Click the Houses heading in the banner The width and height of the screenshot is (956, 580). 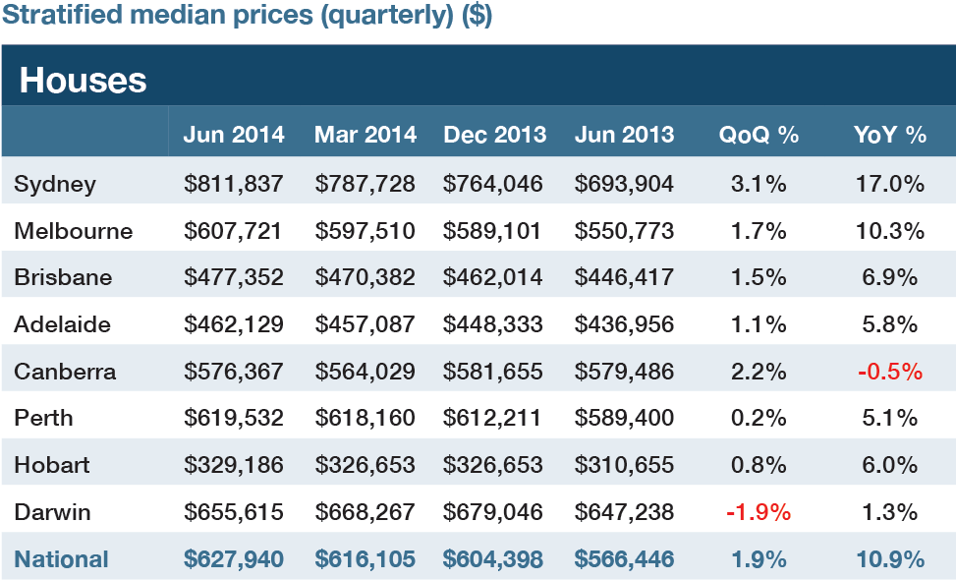tap(83, 81)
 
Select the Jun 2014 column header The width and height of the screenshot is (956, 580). tap(233, 136)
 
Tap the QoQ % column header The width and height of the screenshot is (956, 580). tap(759, 136)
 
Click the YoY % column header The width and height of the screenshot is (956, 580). tap(890, 136)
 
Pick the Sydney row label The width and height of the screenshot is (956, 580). tap(55, 184)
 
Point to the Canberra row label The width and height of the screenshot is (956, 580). tap(65, 372)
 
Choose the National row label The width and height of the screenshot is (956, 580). tap(61, 559)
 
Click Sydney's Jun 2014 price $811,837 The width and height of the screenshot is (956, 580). tap(233, 184)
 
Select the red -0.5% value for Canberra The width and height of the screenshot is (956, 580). tap(890, 372)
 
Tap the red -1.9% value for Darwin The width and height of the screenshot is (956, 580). tap(759, 512)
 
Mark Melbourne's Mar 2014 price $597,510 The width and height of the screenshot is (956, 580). tap(365, 231)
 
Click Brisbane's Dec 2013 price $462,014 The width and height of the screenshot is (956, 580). tap(493, 277)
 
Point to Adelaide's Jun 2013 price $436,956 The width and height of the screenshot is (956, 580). tap(625, 324)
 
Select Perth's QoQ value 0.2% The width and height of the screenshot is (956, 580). tap(759, 418)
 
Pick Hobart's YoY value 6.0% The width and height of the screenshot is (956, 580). tap(890, 465)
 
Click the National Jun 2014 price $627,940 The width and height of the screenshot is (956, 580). tap(233, 559)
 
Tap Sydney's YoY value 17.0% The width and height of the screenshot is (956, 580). tap(890, 184)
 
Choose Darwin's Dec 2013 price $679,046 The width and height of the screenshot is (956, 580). tap(493, 512)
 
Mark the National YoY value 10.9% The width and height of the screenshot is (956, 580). tap(890, 559)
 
